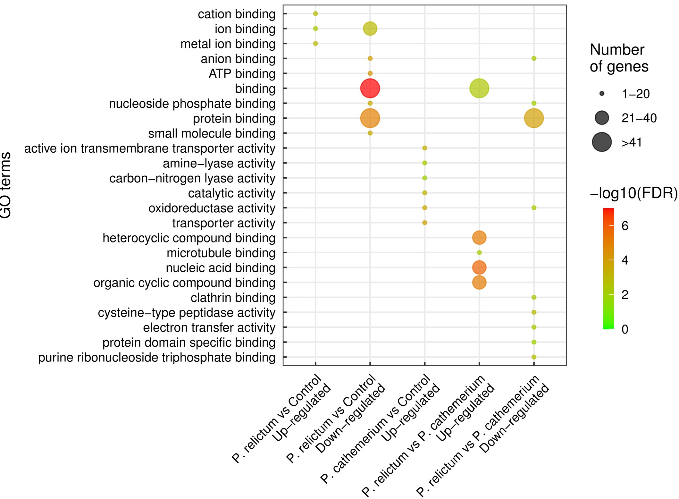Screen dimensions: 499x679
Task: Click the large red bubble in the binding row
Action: [x=370, y=88]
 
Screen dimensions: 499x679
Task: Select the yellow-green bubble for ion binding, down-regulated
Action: [x=370, y=29]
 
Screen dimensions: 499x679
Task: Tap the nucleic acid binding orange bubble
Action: [x=479, y=267]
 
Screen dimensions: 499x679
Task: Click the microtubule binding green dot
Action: [x=479, y=252]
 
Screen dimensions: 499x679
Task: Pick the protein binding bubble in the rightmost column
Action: [x=533, y=118]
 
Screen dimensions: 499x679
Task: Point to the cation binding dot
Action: [x=315, y=13]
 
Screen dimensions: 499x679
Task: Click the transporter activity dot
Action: [x=424, y=223]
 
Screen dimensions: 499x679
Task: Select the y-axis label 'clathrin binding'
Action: [x=233, y=298]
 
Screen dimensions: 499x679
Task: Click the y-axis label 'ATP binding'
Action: [x=242, y=74]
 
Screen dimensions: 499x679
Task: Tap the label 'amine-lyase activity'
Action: [x=219, y=163]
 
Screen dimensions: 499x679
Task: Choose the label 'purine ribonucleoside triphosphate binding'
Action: [x=157, y=357]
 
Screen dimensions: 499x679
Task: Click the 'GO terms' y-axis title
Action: [x=6, y=185]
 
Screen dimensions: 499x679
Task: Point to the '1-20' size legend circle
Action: [x=602, y=94]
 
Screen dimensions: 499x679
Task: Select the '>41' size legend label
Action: [x=632, y=142]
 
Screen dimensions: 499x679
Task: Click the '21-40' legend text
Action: [x=639, y=118]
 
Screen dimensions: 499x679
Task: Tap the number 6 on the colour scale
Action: [x=625, y=226]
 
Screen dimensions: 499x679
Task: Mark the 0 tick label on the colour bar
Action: [x=625, y=329]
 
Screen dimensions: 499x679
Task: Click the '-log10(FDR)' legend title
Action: [x=633, y=193]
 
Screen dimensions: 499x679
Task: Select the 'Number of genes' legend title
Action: [x=619, y=58]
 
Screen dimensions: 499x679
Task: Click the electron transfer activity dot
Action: [x=533, y=327]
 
